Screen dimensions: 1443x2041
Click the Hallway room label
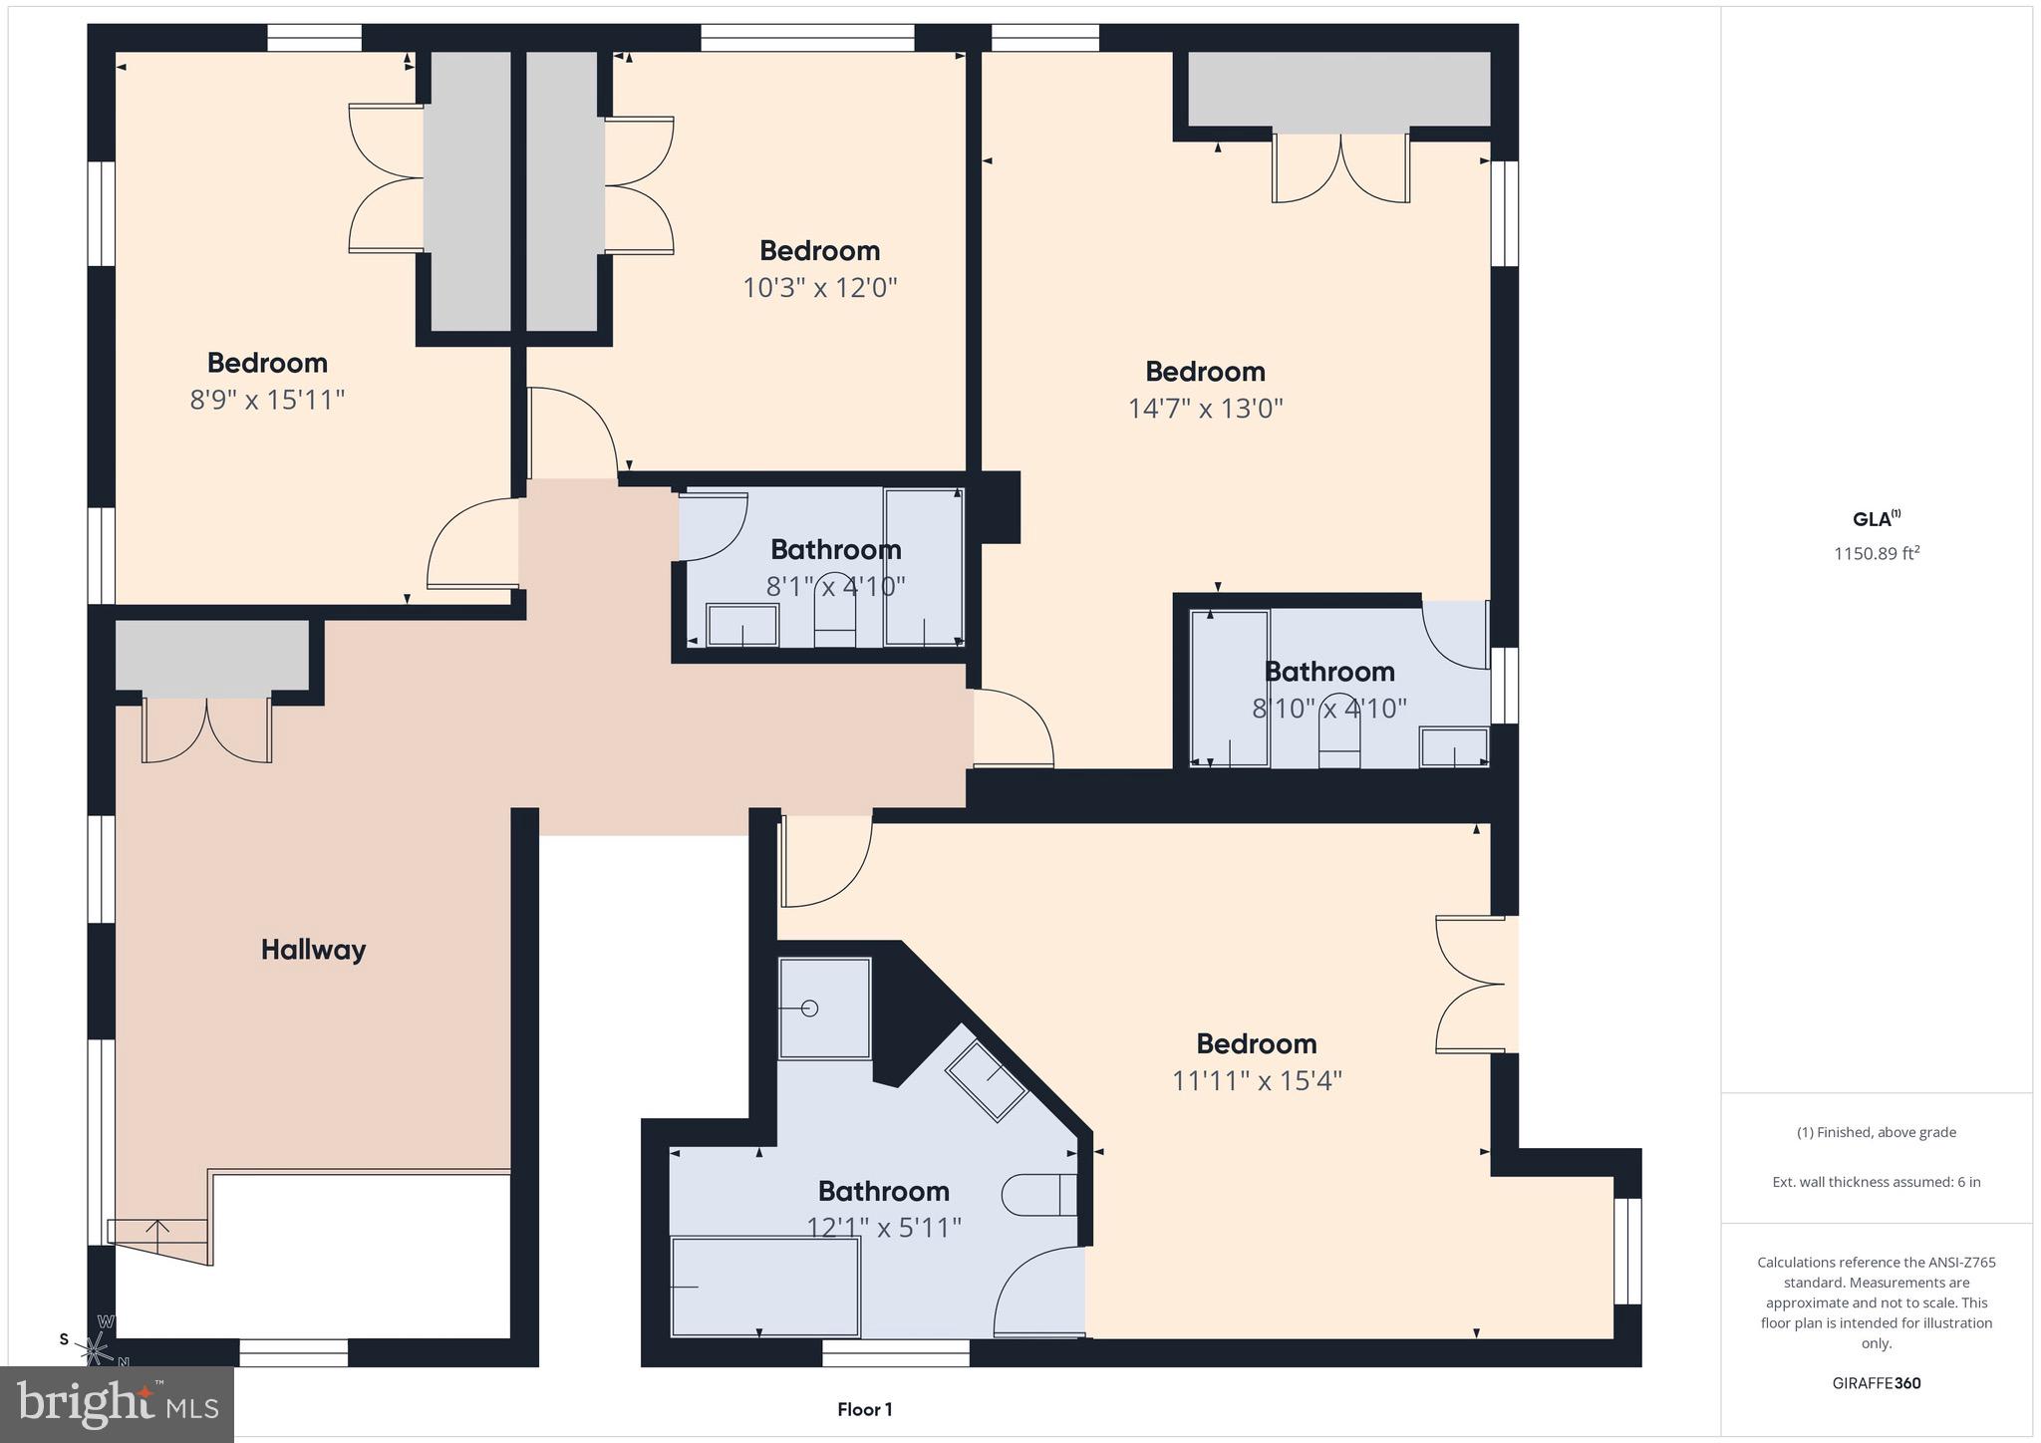[313, 950]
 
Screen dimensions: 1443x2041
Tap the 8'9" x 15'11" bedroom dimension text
[267, 401]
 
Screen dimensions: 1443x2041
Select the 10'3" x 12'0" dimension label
[819, 288]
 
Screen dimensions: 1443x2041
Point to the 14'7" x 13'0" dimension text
[1205, 409]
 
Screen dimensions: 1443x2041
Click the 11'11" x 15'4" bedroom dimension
[1257, 1081]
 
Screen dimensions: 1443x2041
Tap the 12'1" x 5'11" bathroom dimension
[883, 1228]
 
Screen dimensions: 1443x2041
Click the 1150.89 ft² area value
[1876, 554]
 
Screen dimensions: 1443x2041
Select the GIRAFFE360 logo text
[1876, 1383]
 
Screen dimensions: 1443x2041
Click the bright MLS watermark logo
[118, 1404]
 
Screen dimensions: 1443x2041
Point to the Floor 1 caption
[864, 1409]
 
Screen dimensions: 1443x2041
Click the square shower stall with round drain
[824, 1009]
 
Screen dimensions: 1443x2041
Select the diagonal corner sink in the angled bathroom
[986, 1081]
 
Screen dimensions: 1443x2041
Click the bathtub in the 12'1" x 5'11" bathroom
[764, 1287]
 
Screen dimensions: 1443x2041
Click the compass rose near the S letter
[97, 1349]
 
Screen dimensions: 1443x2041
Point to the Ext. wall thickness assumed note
[1876, 1182]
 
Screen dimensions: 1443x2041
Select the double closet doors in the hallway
[206, 729]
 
